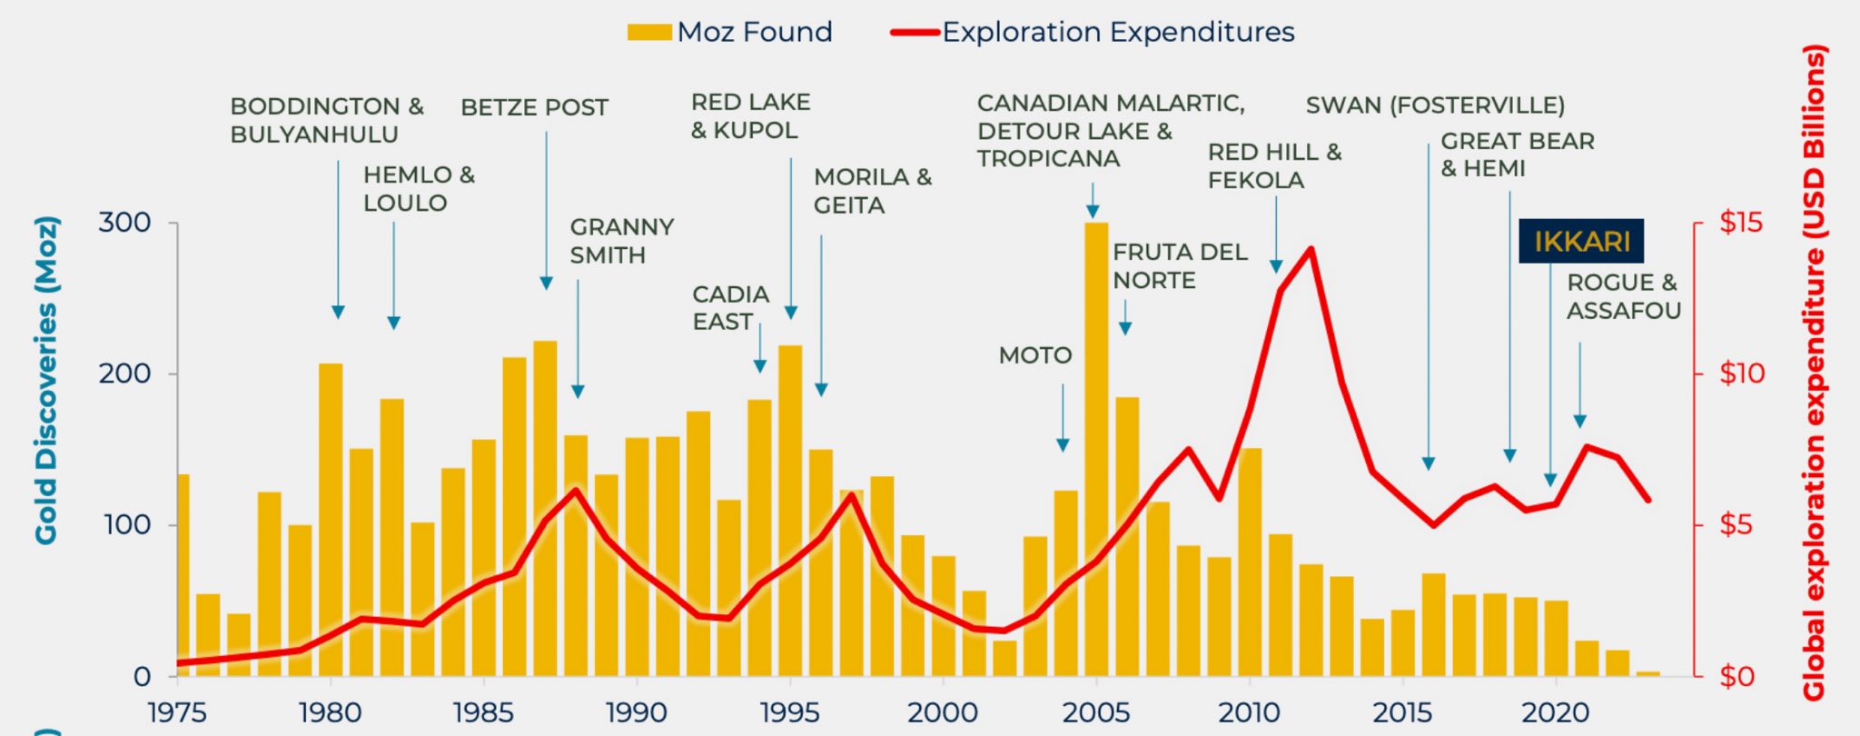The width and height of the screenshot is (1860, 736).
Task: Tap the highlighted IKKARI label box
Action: (1581, 242)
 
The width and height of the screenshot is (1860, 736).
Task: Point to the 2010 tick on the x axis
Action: (1249, 711)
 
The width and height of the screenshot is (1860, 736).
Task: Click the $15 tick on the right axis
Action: (1739, 223)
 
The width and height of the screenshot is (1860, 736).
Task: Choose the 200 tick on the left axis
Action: (124, 373)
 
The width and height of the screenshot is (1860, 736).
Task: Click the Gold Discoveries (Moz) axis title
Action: (46, 380)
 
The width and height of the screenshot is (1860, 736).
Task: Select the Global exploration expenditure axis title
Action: (1814, 373)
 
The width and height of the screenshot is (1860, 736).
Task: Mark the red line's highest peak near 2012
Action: (1311, 249)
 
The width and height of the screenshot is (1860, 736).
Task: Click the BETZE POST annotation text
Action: (534, 108)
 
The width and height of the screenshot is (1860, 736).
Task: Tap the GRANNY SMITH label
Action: (621, 241)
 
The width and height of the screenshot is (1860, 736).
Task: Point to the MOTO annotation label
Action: (1034, 355)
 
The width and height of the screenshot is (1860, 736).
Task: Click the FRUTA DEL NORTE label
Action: (1179, 266)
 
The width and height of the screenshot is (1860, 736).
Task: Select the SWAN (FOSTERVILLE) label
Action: (1435, 105)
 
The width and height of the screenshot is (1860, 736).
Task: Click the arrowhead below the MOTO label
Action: (1063, 445)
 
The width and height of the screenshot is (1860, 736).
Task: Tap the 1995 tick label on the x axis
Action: (789, 711)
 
